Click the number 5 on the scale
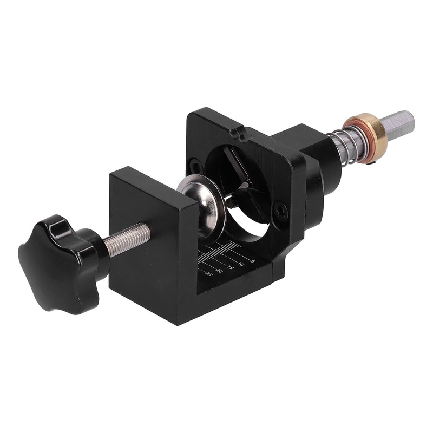(x=253, y=261)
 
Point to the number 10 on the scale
(x=241, y=264)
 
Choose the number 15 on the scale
(x=230, y=267)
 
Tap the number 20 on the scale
(x=219, y=271)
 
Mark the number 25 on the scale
(x=209, y=274)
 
